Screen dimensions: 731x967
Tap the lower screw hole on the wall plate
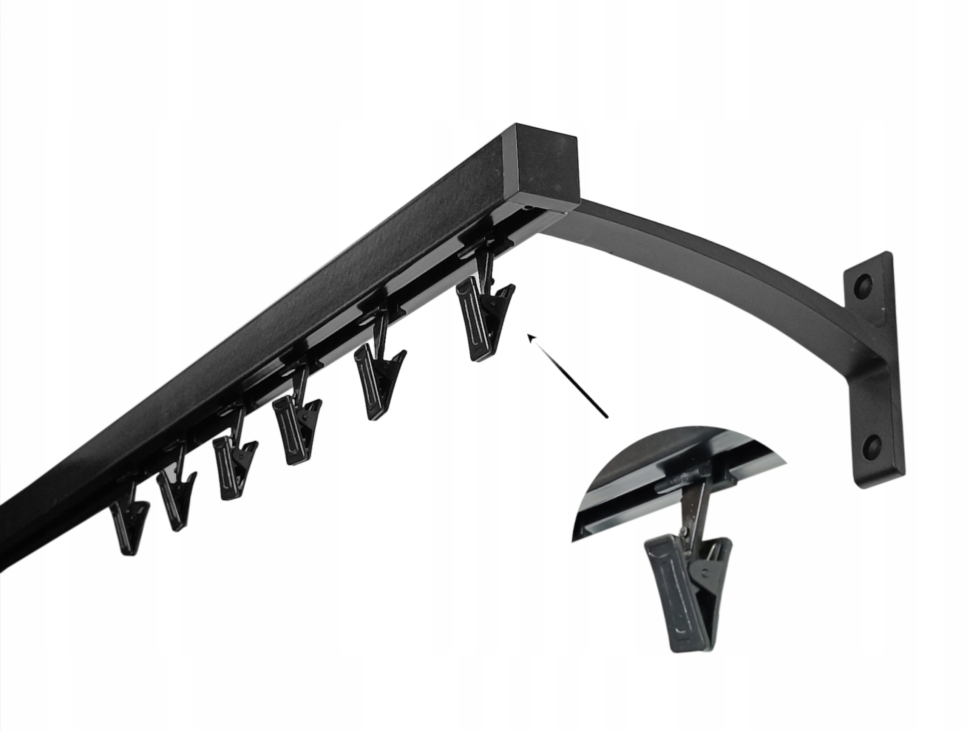click(x=872, y=445)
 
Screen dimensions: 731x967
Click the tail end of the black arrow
click(x=606, y=417)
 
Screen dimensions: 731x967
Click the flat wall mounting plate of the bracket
click(x=872, y=367)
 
